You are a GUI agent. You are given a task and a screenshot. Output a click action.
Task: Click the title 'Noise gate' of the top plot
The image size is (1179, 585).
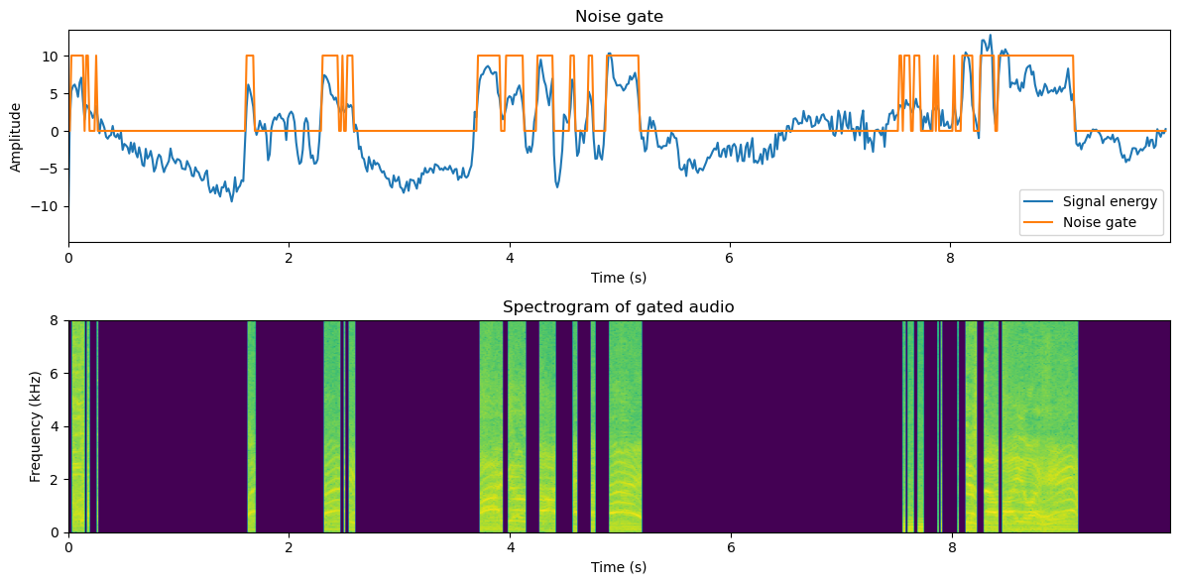(x=619, y=16)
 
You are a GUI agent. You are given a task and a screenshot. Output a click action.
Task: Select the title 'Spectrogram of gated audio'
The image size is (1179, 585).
(x=619, y=306)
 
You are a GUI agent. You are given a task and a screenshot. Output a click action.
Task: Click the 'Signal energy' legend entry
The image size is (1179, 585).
(x=1108, y=202)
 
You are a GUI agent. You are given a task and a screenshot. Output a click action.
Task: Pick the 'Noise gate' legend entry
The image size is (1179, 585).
(x=1099, y=224)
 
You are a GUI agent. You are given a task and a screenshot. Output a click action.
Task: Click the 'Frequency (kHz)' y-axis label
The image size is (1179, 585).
(x=36, y=426)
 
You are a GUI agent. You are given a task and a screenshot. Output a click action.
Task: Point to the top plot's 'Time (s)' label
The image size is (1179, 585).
(x=619, y=278)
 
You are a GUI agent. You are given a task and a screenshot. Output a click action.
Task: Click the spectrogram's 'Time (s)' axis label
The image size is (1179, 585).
(x=619, y=567)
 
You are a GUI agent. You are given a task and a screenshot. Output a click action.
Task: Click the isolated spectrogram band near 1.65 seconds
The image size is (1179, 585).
(x=252, y=426)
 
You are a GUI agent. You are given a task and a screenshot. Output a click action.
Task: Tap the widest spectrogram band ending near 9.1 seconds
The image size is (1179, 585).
(x=1039, y=426)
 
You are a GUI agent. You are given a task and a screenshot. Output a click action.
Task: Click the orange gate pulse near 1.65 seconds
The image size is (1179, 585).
(x=250, y=57)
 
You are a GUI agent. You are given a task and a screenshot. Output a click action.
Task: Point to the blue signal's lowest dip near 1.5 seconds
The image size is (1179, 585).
(x=232, y=200)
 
